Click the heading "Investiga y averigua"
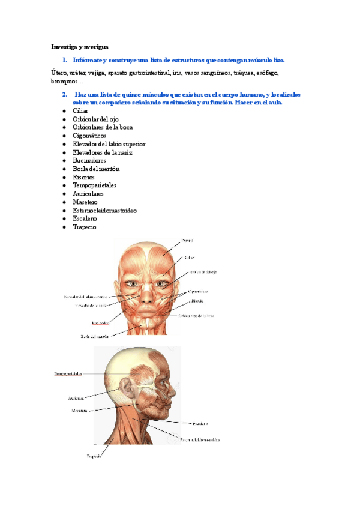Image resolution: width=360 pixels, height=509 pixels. [x=79, y=46]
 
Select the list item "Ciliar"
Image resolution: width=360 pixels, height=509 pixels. [x=80, y=111]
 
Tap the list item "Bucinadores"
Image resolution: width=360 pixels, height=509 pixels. [x=89, y=161]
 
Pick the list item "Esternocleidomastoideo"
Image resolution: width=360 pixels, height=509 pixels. [x=104, y=211]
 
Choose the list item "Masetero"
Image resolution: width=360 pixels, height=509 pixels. [x=85, y=202]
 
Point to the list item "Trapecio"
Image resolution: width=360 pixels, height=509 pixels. [x=85, y=227]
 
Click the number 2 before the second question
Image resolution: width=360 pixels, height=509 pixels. [x=64, y=95]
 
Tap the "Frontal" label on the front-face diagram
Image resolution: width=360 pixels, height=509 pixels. [x=187, y=240]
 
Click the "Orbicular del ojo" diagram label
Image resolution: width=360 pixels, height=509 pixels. [x=203, y=272]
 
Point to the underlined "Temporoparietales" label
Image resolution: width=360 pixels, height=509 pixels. [x=67, y=373]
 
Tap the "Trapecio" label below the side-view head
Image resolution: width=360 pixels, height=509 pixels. [x=93, y=456]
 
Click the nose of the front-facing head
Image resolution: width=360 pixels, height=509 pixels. [x=147, y=292]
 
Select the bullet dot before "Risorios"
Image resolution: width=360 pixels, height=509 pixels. [x=64, y=178]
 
